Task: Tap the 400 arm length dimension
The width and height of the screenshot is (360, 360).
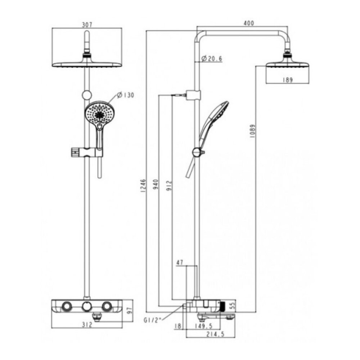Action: [x=249, y=23]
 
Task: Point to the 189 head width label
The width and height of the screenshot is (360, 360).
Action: [x=287, y=80]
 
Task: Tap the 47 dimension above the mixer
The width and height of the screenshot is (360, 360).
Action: [x=180, y=263]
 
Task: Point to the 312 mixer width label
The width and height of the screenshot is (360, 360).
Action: [x=87, y=325]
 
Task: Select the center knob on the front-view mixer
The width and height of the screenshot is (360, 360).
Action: [x=86, y=306]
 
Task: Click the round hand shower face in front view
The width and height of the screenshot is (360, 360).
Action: [x=96, y=113]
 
